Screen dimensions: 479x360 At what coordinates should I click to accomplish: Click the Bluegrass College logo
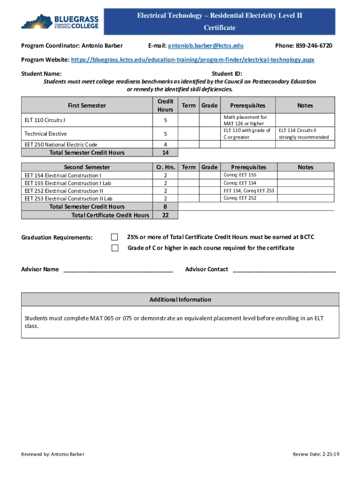pyautogui.click(x=60, y=22)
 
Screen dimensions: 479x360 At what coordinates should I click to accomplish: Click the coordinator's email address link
pyautogui.click(x=205, y=45)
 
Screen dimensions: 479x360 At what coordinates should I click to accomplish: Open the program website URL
pyautogui.click(x=192, y=60)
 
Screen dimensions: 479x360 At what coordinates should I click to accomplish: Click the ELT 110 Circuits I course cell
pyautogui.click(x=45, y=121)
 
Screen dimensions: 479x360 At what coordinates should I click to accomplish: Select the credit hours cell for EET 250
pyautogui.click(x=165, y=145)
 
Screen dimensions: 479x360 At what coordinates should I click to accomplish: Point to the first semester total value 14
pyautogui.click(x=165, y=152)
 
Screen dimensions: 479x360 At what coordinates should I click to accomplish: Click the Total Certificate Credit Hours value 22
pyautogui.click(x=165, y=215)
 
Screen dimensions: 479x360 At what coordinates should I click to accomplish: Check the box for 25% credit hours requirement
pyautogui.click(x=115, y=237)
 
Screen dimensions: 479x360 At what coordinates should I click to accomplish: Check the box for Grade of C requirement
pyautogui.click(x=115, y=248)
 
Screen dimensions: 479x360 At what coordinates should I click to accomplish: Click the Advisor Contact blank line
pyautogui.click(x=284, y=269)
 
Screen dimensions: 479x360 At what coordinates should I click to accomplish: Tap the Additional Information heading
pyautogui.click(x=180, y=299)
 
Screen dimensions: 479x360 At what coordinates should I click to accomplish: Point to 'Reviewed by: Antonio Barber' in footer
pyautogui.click(x=53, y=454)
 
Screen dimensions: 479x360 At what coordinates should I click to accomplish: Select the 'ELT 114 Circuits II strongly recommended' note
pyautogui.click(x=303, y=134)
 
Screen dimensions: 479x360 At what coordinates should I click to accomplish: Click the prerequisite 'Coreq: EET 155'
pyautogui.click(x=239, y=175)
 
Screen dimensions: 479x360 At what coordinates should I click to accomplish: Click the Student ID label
pyautogui.click(x=226, y=73)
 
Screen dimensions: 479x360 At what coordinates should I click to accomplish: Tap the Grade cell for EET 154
pyautogui.click(x=209, y=175)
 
